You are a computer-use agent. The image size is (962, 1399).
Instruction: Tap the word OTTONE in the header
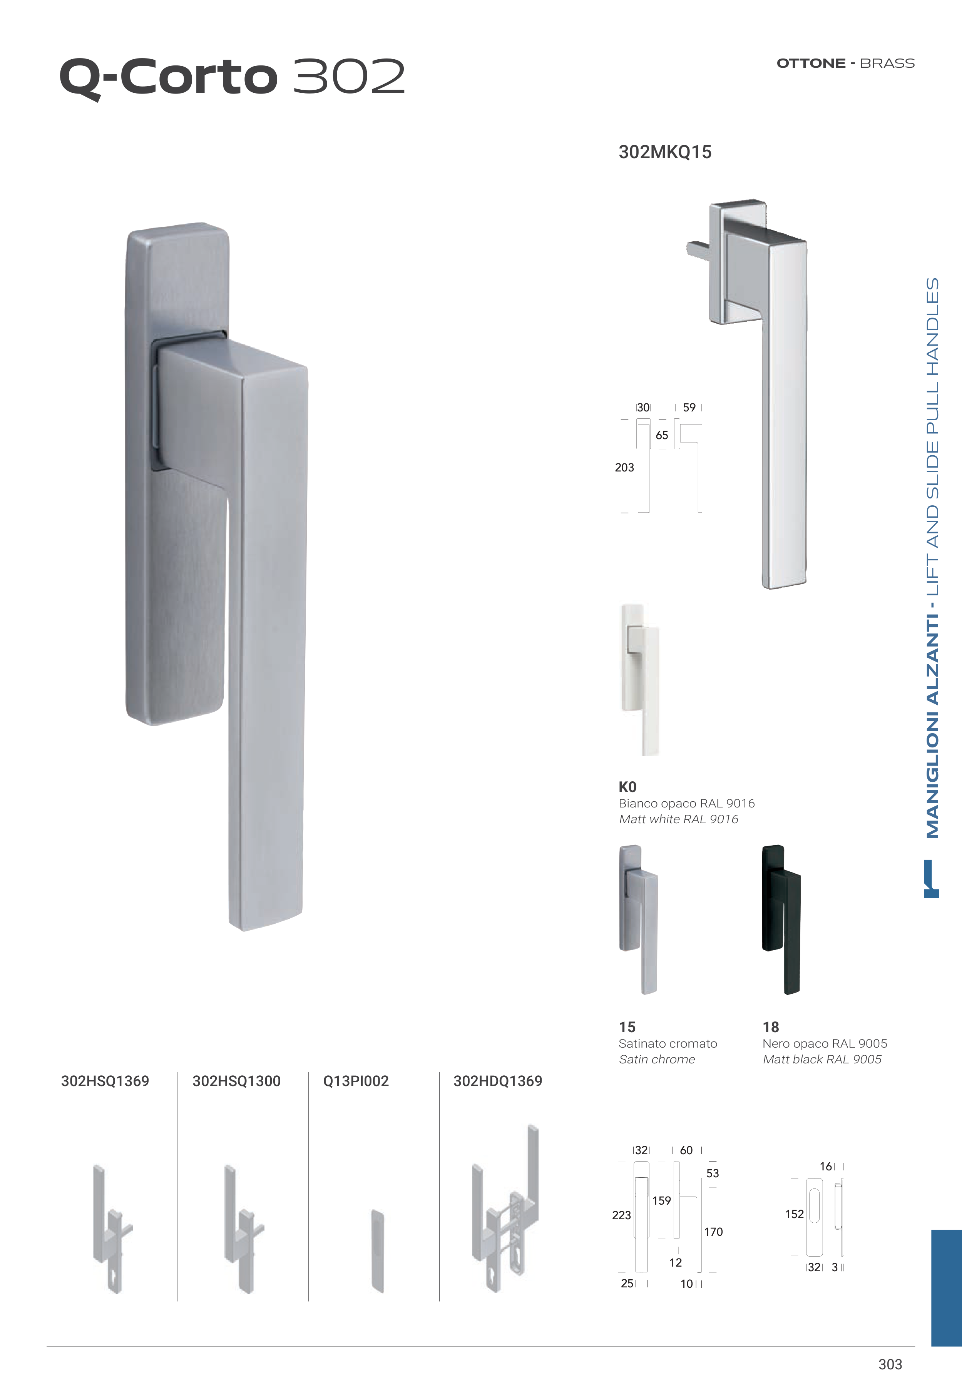(811, 63)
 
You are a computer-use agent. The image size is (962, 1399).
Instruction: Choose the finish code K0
(627, 787)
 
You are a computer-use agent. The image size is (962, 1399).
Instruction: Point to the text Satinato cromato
(668, 1043)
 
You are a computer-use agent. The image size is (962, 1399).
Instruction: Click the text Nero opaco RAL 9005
(825, 1043)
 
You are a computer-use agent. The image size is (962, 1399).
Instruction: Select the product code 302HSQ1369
(105, 1081)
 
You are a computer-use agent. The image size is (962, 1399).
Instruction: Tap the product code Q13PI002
(356, 1081)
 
